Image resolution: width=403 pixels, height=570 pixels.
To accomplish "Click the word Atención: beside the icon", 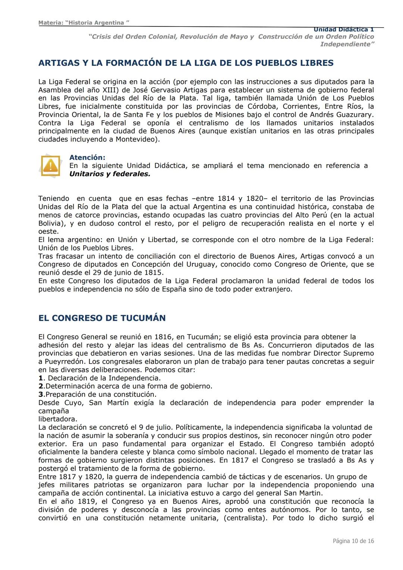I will click(x=87, y=158).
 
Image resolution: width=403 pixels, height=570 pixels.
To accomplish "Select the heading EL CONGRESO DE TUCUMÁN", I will click(x=102, y=318).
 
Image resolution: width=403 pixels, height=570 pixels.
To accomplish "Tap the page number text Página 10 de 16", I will click(x=353, y=541).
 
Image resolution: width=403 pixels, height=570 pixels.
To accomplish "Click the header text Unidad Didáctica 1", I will click(x=343, y=29).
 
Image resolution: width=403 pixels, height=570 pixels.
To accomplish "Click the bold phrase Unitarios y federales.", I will click(x=110, y=174).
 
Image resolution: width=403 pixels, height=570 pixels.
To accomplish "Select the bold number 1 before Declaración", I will click(x=41, y=378).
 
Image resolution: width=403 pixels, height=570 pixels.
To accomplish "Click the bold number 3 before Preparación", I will click(x=41, y=395).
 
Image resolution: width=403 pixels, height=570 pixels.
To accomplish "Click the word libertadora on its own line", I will click(x=57, y=419).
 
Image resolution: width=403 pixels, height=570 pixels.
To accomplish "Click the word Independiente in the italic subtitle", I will click(x=347, y=44).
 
